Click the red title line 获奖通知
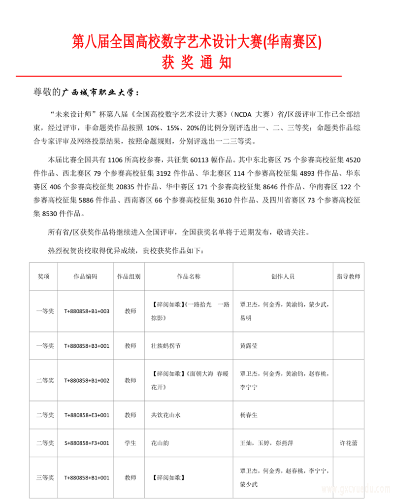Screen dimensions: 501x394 pyautogui.click(x=197, y=63)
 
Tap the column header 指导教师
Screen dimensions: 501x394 pyautogui.click(x=349, y=276)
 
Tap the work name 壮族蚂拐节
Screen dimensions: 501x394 pyautogui.click(x=166, y=346)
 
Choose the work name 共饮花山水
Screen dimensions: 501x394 pyautogui.click(x=166, y=415)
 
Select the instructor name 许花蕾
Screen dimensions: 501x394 pyautogui.click(x=349, y=443)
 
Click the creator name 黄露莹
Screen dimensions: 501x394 pyautogui.click(x=248, y=346)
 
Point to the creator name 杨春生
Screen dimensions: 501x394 pyautogui.click(x=248, y=415)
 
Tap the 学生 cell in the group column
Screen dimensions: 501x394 pyautogui.click(x=130, y=443)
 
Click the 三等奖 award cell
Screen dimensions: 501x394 pyautogui.click(x=45, y=477)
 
